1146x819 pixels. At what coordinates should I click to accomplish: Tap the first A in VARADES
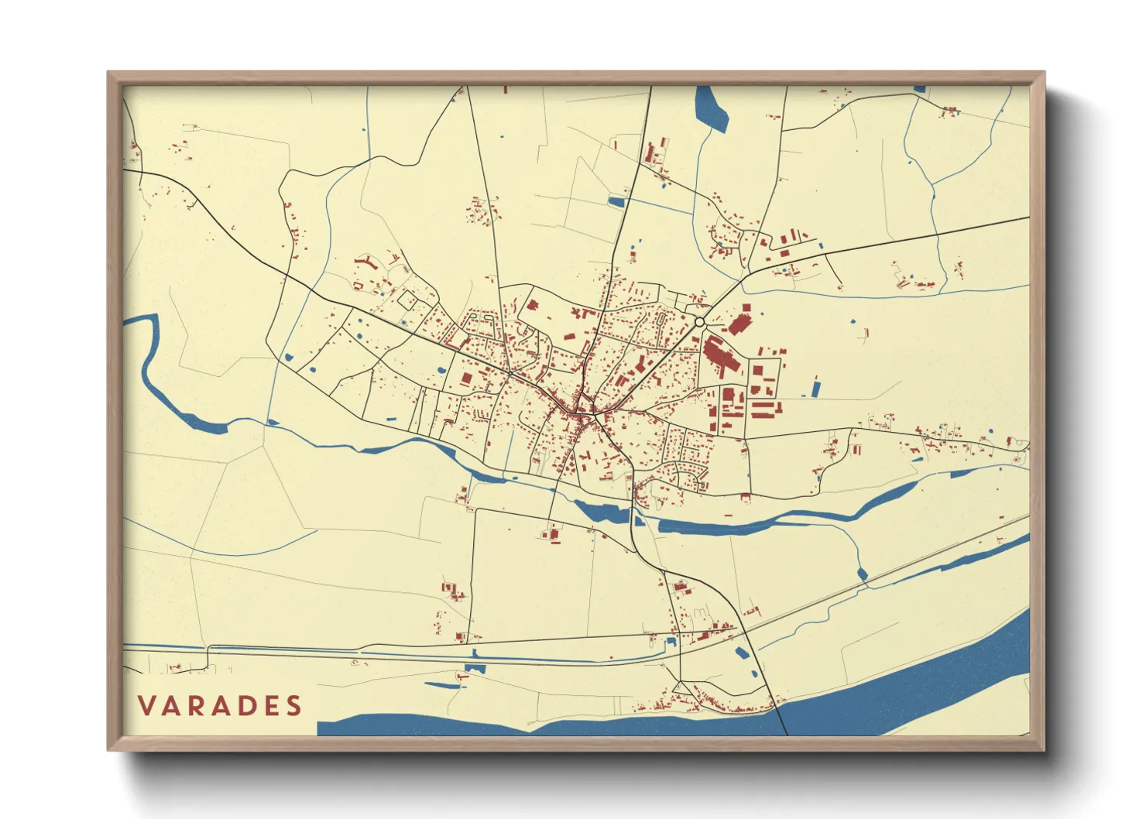coord(173,706)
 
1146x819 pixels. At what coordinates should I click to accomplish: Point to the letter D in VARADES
coord(245,706)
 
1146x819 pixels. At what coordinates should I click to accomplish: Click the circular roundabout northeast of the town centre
coord(699,322)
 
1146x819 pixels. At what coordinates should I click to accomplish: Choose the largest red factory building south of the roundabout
coord(720,356)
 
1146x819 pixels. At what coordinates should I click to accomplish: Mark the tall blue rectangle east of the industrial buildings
coord(815,388)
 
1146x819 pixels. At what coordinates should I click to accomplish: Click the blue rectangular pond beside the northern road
coord(616,202)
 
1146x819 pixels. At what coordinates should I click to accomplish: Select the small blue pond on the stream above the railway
coord(862,574)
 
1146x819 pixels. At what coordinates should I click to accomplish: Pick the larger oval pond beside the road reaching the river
coord(741,653)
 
